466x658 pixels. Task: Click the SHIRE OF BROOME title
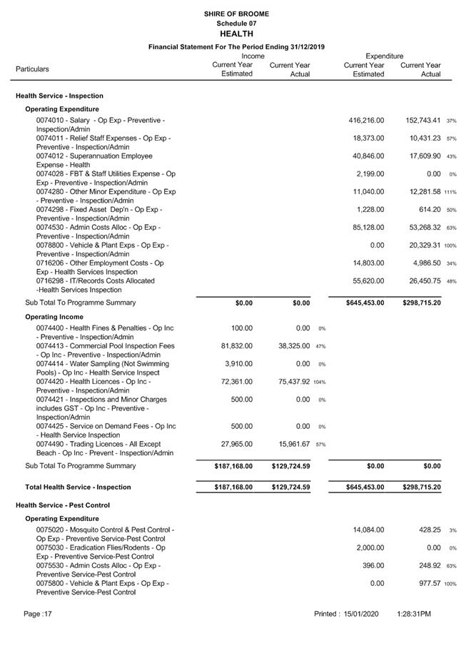(x=236, y=14)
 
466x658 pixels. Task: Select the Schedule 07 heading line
(x=236, y=24)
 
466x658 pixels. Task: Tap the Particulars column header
(x=33, y=69)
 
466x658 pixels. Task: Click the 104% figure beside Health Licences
(x=318, y=382)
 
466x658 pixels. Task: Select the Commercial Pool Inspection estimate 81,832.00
(x=233, y=346)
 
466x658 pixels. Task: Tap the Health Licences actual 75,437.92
(x=285, y=382)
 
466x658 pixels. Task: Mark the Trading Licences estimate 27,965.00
(x=233, y=445)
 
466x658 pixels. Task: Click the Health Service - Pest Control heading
(x=63, y=505)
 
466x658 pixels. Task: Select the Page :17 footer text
(x=38, y=614)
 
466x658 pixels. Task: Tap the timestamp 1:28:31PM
(x=414, y=614)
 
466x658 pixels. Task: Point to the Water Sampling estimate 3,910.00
(x=236, y=364)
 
